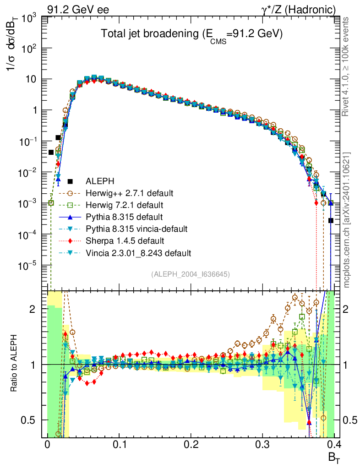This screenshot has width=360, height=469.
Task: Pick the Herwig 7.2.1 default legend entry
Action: coord(124,205)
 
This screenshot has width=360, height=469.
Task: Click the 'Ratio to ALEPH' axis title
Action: coord(15,364)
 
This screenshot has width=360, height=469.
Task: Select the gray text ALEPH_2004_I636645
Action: coord(190,274)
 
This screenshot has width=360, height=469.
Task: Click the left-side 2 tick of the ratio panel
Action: coord(32,309)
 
